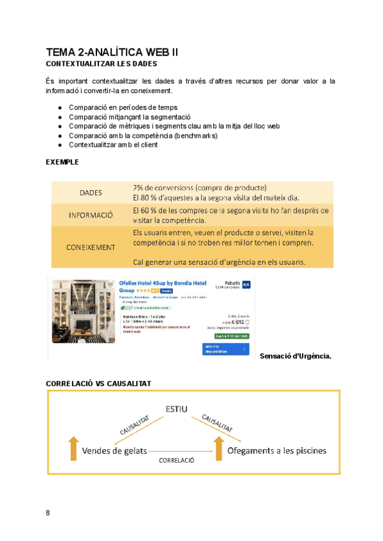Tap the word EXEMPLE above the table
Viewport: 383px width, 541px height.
(x=63, y=162)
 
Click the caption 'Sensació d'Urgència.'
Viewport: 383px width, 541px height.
(x=296, y=355)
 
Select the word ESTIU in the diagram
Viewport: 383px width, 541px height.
(x=177, y=408)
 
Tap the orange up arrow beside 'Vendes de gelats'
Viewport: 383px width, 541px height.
(x=73, y=448)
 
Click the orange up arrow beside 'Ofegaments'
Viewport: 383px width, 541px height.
(x=219, y=448)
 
